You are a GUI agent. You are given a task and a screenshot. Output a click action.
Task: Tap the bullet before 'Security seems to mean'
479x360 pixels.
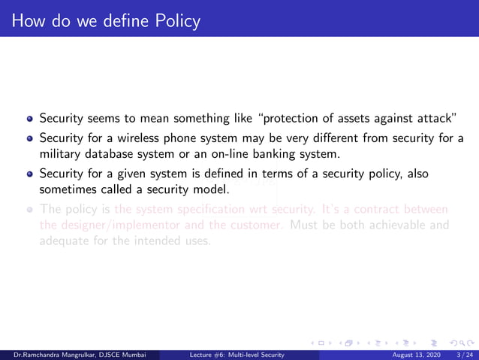[x=30, y=119]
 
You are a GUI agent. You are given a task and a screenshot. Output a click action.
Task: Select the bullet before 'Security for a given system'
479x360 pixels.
[x=30, y=174]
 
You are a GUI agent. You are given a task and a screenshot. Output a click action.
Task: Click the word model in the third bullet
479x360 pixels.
[x=208, y=190]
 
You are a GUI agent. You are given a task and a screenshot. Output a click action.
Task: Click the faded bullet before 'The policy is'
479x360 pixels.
[x=30, y=210]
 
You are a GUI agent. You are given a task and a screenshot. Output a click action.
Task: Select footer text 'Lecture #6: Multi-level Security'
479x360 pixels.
[x=236, y=354]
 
